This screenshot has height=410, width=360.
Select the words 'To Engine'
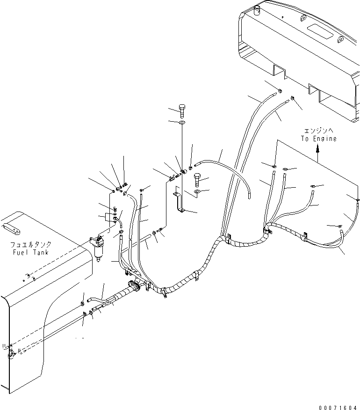(318, 139)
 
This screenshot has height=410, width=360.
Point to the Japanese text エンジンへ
(318, 132)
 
